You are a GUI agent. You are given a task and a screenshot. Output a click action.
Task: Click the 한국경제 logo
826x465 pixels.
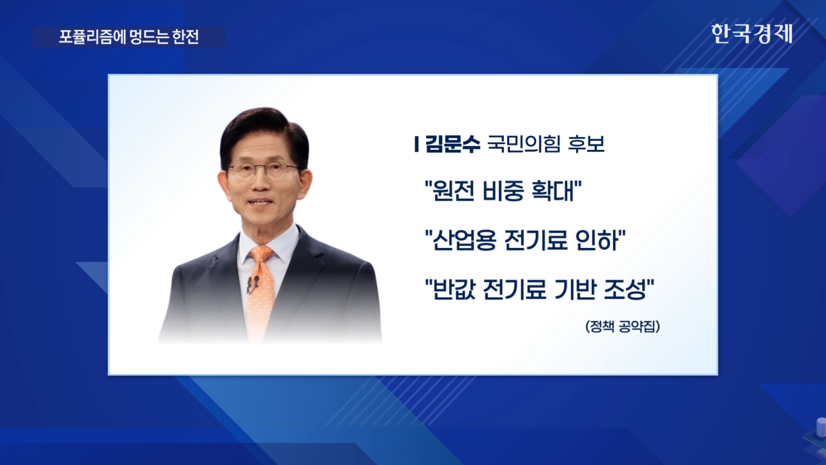coord(752,34)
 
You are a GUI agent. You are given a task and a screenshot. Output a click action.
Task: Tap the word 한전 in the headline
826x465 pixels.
coord(185,37)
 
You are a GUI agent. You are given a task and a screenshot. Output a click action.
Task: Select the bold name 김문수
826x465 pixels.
coord(453,144)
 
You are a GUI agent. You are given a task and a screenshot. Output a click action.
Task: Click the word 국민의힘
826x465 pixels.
coord(523,144)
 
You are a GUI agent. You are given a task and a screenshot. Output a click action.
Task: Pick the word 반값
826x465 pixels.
coord(454,289)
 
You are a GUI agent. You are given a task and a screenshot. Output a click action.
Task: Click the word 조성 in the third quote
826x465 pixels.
coord(625,289)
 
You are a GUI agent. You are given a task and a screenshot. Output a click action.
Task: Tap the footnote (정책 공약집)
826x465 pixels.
coord(623,326)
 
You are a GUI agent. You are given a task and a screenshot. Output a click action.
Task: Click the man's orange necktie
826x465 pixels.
coord(261,291)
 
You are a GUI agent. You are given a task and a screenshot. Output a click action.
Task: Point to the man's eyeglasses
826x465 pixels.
coord(263,171)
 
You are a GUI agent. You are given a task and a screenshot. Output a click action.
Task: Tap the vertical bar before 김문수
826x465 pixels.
coord(417,144)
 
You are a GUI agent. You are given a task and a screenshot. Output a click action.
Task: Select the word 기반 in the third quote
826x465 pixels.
coord(574,289)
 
